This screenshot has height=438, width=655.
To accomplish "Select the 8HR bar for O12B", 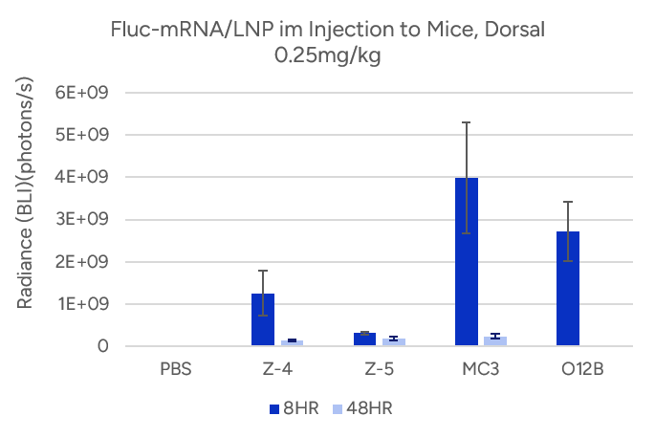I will coord(568,288).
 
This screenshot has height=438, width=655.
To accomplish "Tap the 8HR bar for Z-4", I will coord(263,319).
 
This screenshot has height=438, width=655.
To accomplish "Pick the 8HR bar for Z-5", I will coord(364,339).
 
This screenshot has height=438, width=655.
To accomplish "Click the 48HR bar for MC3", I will coord(494,340).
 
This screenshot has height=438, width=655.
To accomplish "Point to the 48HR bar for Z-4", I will coord(292,342).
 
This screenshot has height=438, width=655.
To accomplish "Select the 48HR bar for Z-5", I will coord(393,341).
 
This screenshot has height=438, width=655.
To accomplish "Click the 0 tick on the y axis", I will coord(100,346).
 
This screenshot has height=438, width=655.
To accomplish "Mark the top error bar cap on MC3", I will coord(467,122).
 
